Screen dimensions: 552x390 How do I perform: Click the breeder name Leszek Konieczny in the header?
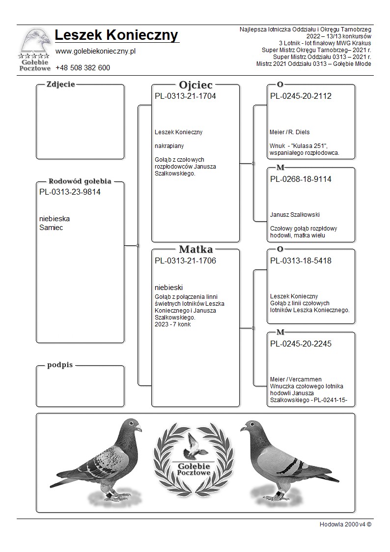click(x=116, y=35)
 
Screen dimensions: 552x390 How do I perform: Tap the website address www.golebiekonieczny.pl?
click(x=95, y=51)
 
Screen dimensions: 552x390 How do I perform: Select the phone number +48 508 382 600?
click(x=83, y=68)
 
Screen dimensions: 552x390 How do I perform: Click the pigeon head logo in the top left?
click(x=35, y=41)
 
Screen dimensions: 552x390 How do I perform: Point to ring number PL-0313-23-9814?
click(x=70, y=192)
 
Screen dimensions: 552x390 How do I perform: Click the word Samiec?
click(x=51, y=228)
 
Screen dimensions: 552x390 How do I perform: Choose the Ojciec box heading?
click(x=195, y=85)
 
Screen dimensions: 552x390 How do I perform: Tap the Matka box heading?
click(x=195, y=249)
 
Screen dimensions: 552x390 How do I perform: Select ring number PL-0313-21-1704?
click(x=185, y=96)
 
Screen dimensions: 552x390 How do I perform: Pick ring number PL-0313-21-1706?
click(x=185, y=261)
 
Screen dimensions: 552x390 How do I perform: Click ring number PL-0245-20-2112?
click(x=301, y=96)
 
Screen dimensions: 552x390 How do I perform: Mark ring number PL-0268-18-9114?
click(x=301, y=179)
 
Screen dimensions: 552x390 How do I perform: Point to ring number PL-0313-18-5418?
click(x=301, y=261)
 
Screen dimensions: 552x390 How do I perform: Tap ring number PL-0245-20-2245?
click(x=301, y=344)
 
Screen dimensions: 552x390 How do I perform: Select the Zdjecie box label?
click(x=60, y=84)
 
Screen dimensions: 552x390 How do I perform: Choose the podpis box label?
click(x=60, y=365)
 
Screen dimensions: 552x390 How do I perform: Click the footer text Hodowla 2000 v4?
click(x=345, y=524)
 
